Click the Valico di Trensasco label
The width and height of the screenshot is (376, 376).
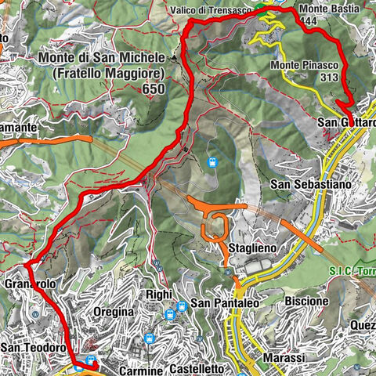click(x=209, y=9)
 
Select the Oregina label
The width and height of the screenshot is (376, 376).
click(x=114, y=312)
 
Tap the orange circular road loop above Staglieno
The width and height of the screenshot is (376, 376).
click(x=215, y=227)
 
